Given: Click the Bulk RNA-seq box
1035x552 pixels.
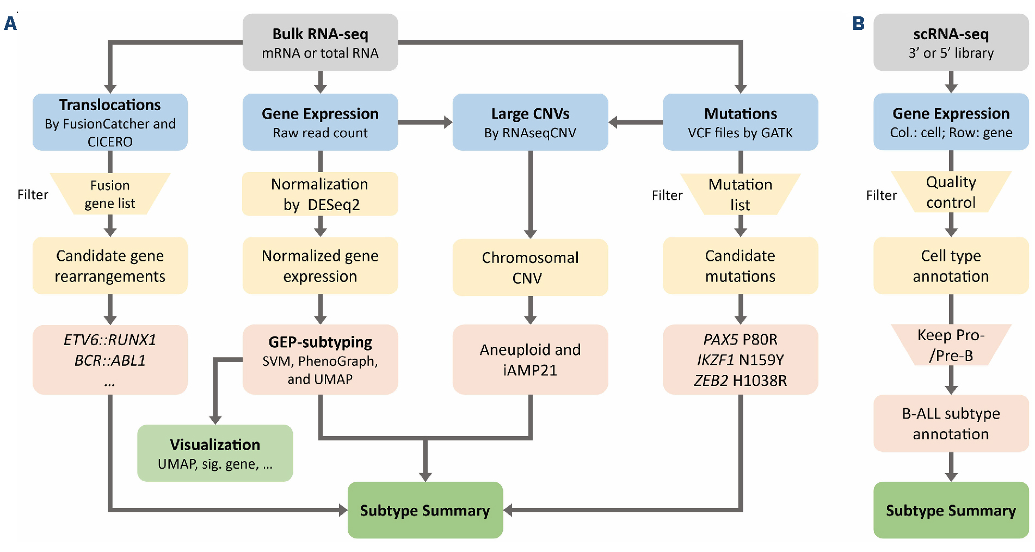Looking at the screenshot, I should point(320,42).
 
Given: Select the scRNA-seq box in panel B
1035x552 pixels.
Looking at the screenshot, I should point(951,42).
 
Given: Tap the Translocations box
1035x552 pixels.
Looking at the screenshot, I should point(110,122).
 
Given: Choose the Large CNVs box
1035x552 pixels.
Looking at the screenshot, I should point(530,122).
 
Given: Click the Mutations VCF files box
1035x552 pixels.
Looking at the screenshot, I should point(740,122).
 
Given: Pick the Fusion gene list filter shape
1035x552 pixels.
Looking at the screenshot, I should point(110,194).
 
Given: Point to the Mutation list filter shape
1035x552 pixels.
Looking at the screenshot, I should point(740,194).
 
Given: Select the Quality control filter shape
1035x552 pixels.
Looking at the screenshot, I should point(951,192).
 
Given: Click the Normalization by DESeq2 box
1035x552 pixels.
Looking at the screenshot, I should point(320,194).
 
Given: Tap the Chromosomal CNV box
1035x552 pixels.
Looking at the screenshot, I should point(530,267).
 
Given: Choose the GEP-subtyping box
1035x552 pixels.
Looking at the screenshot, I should point(320,359).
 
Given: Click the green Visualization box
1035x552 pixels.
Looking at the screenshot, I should point(215,453).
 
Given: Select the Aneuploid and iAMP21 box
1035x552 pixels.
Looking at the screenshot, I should point(530,359).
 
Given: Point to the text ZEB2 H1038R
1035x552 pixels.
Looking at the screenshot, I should point(740,381).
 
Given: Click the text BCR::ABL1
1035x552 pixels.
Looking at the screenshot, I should point(110,360).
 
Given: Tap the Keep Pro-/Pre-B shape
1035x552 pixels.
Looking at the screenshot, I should point(951,345).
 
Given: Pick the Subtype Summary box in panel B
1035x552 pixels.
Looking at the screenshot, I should point(951,510).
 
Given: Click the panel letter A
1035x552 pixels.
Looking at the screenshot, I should point(10,23).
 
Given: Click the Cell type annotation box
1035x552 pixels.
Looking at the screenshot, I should point(951,266).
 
